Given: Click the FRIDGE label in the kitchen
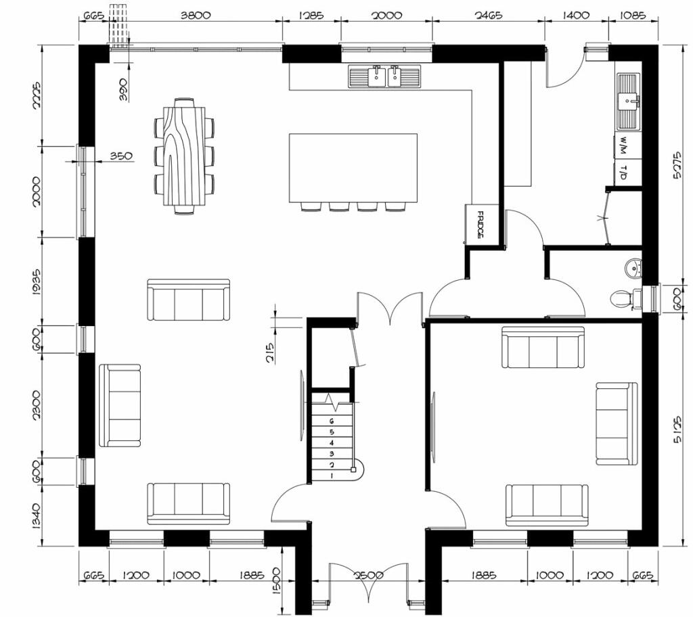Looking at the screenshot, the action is tap(481, 225).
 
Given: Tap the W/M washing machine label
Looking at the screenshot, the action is tap(623, 145).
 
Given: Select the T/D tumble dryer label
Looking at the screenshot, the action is tap(623, 173).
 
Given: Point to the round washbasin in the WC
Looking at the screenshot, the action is tap(633, 268).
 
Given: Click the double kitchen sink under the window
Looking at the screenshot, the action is tap(384, 76).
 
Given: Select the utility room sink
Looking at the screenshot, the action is tap(628, 102).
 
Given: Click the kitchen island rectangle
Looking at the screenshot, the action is tap(353, 168).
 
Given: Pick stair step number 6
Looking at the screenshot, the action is tap(332, 421).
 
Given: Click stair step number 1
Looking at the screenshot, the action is tap(332, 476).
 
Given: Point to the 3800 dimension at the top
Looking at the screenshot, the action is tap(196, 15).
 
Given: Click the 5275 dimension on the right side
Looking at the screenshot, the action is tap(677, 165).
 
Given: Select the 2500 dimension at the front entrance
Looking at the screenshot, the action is tap(369, 576).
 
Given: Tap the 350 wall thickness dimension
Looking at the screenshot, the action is tap(121, 156).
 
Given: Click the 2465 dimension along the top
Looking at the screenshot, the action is tap(489, 15).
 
